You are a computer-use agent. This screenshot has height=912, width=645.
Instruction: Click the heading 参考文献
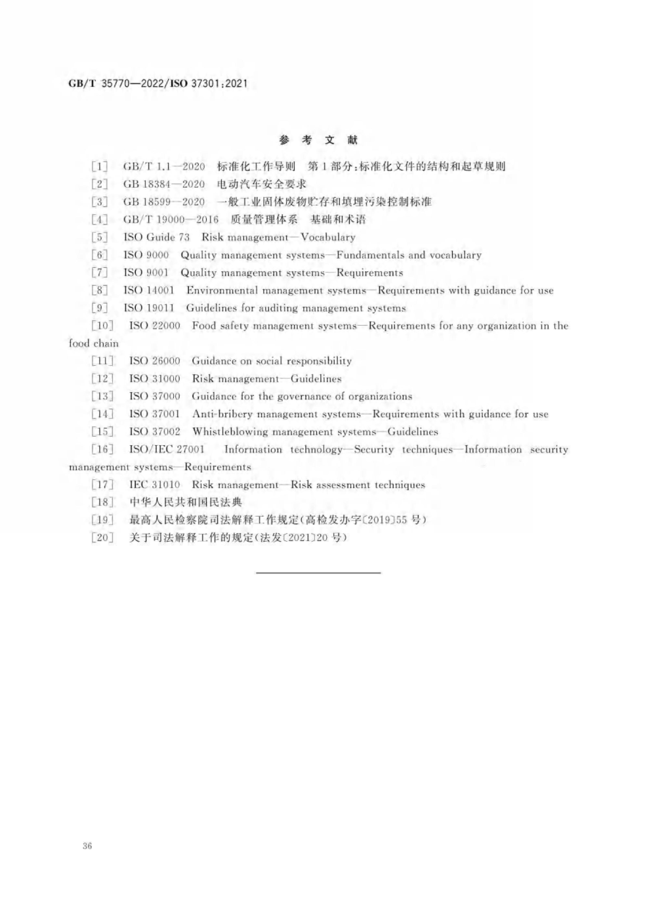[318, 140]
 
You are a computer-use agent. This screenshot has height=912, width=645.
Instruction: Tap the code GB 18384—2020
[164, 184]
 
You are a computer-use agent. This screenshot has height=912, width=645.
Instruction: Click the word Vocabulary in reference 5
[328, 238]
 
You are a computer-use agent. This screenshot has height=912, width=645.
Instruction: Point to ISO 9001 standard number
[146, 273]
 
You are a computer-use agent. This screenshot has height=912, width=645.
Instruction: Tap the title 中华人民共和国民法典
[186, 502]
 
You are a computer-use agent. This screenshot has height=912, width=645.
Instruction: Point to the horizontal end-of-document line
[318, 572]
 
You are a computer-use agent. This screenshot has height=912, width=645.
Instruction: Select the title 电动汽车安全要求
[261, 184]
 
